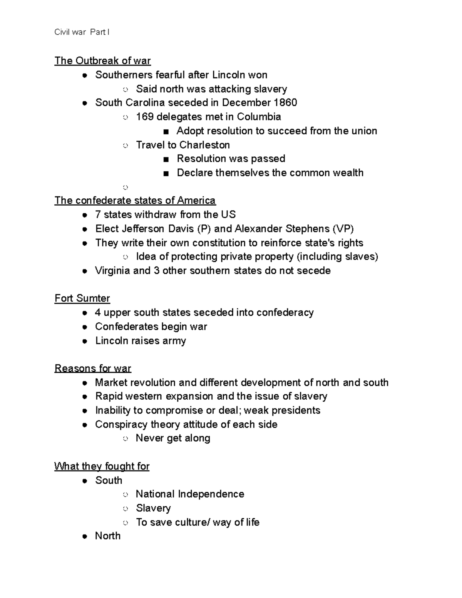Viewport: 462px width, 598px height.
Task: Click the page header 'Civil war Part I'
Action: pyautogui.click(x=82, y=32)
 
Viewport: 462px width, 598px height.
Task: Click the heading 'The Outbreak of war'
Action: pyautogui.click(x=102, y=61)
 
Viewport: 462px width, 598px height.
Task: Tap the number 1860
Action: pyautogui.click(x=285, y=103)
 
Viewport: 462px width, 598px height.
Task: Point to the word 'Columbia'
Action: pyautogui.click(x=259, y=117)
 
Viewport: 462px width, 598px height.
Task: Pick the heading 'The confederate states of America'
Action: pyautogui.click(x=135, y=201)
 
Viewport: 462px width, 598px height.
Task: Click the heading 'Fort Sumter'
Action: pyautogui.click(x=82, y=298)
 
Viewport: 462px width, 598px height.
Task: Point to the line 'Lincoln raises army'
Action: pyautogui.click(x=141, y=341)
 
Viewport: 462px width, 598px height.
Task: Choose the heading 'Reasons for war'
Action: pyautogui.click(x=93, y=369)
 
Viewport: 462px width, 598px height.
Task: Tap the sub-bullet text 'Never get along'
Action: pyautogui.click(x=173, y=438)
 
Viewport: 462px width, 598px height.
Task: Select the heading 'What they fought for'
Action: pyautogui.click(x=102, y=466)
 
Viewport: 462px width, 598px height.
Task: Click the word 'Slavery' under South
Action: pyautogui.click(x=153, y=508)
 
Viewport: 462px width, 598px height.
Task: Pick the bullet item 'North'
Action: pyautogui.click(x=108, y=536)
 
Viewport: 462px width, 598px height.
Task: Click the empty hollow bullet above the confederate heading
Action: pyautogui.click(x=125, y=188)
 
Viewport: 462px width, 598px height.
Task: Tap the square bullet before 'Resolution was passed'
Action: pyautogui.click(x=166, y=159)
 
